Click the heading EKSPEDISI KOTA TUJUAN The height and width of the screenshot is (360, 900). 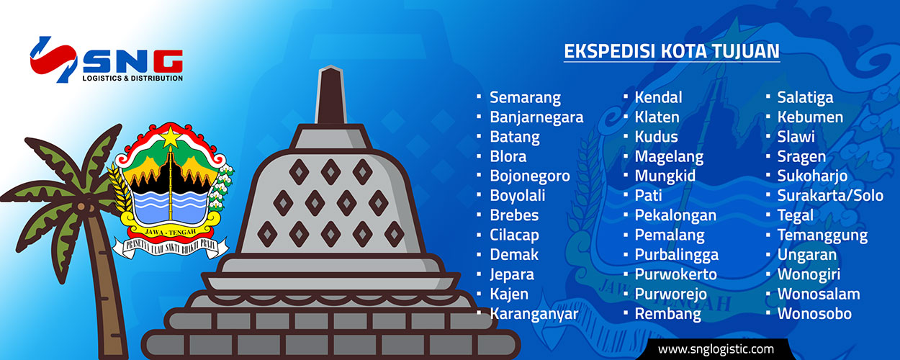tap(672, 51)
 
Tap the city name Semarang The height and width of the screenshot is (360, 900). tap(525, 98)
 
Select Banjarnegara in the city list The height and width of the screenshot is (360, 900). tap(536, 117)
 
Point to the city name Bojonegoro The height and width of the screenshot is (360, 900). tap(530, 176)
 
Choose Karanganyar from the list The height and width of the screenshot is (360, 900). tap(534, 314)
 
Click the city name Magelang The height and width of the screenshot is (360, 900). tap(669, 157)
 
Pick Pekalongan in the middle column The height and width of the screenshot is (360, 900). tap(675, 216)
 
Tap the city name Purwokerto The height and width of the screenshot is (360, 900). tap(676, 274)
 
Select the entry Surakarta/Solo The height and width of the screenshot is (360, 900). tap(830, 196)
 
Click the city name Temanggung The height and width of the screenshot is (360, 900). tap(822, 235)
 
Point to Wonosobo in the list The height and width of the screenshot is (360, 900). tap(814, 314)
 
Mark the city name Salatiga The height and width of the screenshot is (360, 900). tap(805, 98)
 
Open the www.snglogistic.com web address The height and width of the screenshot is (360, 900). tap(716, 349)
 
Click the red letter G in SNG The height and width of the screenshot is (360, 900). tap(168, 61)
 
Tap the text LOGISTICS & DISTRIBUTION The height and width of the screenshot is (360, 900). tap(132, 78)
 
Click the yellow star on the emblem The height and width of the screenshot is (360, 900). tap(171, 137)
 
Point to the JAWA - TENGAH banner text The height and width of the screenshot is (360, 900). tap(171, 233)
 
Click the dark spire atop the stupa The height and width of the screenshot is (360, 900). tap(330, 95)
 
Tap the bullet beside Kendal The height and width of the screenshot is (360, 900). tap(626, 96)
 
